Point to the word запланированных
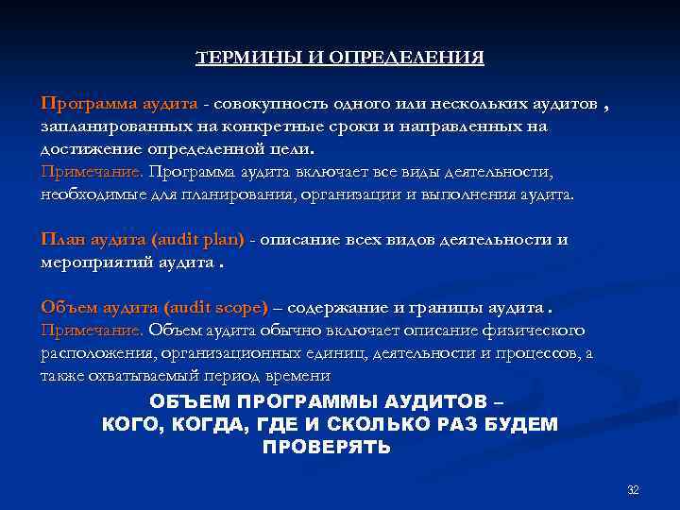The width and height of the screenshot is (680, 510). (106, 126)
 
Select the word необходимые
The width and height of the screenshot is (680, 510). (84, 194)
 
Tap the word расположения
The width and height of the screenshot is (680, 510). (91, 352)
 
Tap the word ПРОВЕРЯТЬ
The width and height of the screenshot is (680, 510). (326, 447)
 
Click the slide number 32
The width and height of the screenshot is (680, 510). (633, 489)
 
